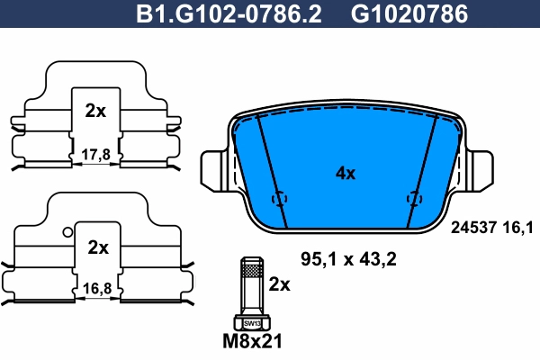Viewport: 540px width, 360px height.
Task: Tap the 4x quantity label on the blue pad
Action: (x=345, y=173)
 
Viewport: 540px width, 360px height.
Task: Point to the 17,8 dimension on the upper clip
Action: (x=94, y=154)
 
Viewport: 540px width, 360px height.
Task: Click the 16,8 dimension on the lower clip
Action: (x=97, y=289)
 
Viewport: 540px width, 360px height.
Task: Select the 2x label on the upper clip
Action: (x=94, y=112)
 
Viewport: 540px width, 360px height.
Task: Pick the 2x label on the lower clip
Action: (x=97, y=247)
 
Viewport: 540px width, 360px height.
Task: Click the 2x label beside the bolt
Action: (x=280, y=284)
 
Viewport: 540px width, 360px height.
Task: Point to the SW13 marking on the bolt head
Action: (x=251, y=322)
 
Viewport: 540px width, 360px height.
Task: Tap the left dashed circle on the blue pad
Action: (x=279, y=198)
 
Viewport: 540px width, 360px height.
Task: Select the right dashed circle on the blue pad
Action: (x=414, y=198)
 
